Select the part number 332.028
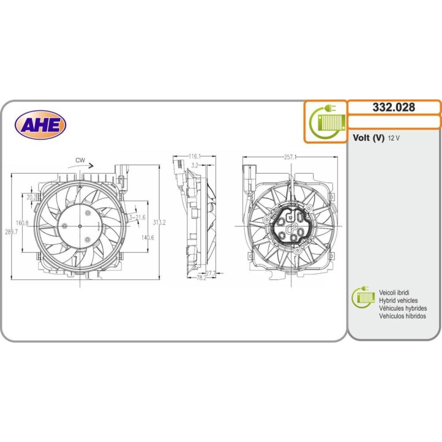(394, 107)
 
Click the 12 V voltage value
(394, 139)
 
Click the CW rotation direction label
(80, 160)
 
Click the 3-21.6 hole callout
(136, 217)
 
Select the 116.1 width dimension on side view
(195, 157)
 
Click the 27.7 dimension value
(211, 273)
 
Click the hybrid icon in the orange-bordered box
(326, 120)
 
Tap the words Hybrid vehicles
(399, 301)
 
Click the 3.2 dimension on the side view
(195, 165)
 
